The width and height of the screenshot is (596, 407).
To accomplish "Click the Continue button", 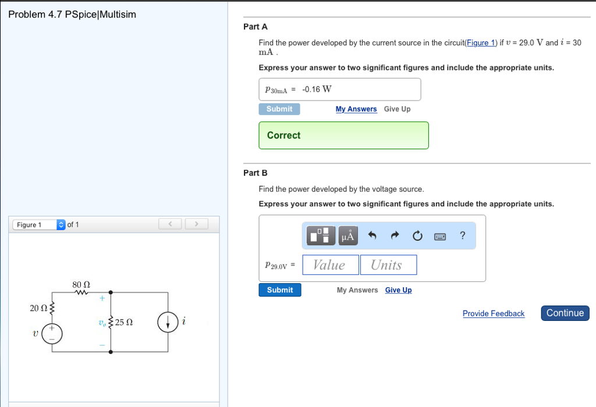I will tap(565, 313).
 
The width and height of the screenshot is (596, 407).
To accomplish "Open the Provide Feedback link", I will tap(493, 313).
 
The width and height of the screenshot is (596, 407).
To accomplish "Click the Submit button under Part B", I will tap(280, 290).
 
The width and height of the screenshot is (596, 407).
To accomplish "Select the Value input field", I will tap(329, 265).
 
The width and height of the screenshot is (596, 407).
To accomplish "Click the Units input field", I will tap(388, 265).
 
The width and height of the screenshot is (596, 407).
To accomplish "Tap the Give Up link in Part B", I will tap(398, 290).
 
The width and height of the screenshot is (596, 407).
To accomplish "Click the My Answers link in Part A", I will tap(356, 109).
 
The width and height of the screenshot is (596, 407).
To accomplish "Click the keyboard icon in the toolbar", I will tap(440, 236).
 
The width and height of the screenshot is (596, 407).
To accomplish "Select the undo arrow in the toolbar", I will tap(373, 236).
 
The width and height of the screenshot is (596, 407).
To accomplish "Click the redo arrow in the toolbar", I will tap(395, 236).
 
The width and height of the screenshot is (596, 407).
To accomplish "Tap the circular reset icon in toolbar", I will tap(417, 236).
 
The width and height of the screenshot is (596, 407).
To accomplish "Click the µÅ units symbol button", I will tap(348, 235).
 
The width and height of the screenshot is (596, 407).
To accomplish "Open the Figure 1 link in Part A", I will tap(481, 42).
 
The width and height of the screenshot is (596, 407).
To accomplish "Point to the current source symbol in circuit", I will tap(168, 323).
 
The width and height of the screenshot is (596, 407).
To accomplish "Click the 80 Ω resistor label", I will tap(81, 285).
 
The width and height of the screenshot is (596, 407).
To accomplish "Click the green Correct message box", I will tap(343, 135).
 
